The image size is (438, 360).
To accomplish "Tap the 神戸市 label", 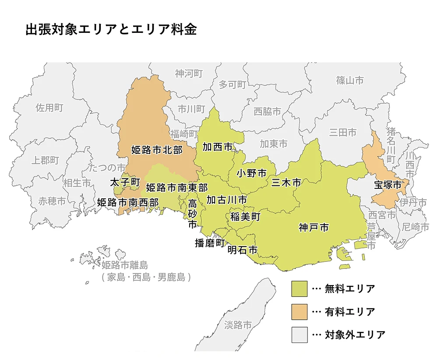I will tap(314, 227).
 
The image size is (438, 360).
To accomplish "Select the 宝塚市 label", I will tap(388, 185).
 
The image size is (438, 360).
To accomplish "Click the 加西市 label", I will tap(217, 147).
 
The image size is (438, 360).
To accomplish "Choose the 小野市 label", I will tap(251, 173).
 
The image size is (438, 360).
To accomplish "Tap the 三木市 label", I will tap(286, 183).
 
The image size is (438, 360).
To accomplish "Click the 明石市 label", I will tap(242, 250).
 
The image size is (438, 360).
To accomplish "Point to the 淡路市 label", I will tap(238, 325).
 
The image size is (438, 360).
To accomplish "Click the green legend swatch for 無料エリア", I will tap(299, 289).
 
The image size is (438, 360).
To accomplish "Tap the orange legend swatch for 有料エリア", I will tap(299, 312).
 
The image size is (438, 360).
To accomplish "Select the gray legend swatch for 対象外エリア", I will tap(299, 335).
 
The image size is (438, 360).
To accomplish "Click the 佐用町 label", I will tap(49, 108).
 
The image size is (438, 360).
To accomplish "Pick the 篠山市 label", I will tap(350, 80).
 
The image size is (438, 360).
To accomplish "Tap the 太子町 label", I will tap(125, 181).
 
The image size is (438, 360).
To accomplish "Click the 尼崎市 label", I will tap(416, 227).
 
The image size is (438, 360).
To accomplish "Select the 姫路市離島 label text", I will tap(125, 265).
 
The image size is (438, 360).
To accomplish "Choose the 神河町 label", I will tap(189, 73).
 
